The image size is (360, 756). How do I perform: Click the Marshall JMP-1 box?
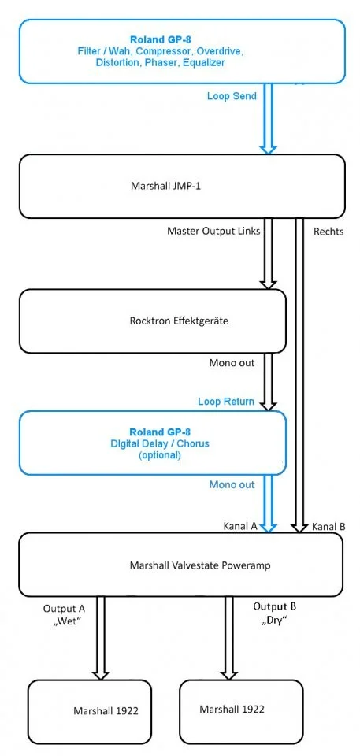[x=181, y=187]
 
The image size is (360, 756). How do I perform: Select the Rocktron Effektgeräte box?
[x=152, y=321]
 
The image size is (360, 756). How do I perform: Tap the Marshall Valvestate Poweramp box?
[x=181, y=565]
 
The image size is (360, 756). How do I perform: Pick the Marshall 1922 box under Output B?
[x=241, y=709]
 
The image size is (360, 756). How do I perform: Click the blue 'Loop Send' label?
[x=230, y=95]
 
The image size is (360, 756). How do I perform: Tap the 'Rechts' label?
[x=328, y=232]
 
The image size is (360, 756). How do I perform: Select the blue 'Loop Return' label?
[x=225, y=402]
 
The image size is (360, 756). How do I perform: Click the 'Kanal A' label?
[x=241, y=525]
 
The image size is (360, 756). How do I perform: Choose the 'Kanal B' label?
[x=328, y=525]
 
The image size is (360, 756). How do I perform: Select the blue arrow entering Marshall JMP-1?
[x=269, y=118]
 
